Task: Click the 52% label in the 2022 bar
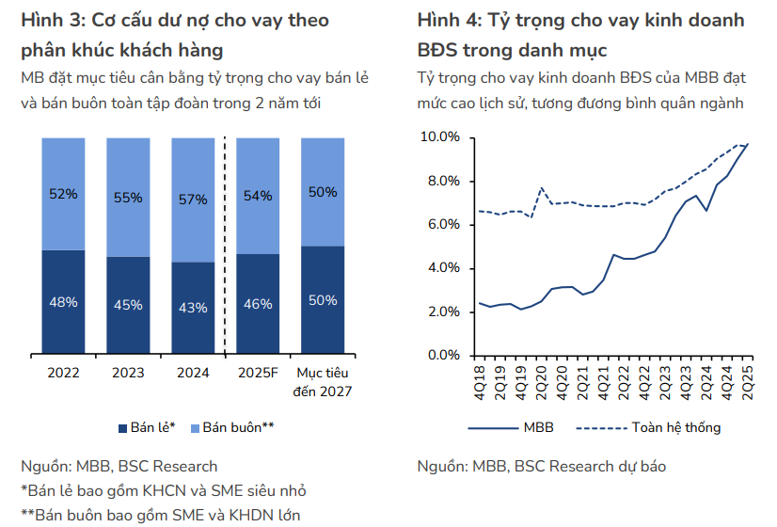coord(63,194)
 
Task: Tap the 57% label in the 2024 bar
coord(193,200)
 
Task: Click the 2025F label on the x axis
coord(258,373)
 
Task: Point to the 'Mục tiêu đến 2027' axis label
coord(323,381)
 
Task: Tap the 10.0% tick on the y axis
coord(438,137)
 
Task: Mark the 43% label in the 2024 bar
coord(193,307)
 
